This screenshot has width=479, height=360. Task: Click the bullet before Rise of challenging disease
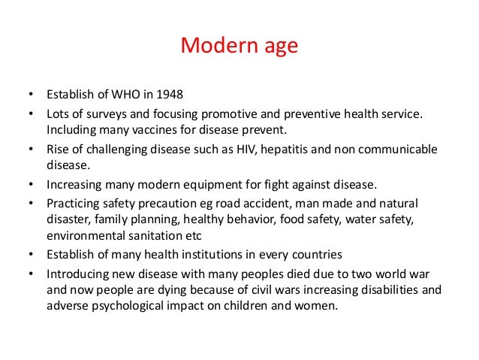[x=31, y=149]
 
